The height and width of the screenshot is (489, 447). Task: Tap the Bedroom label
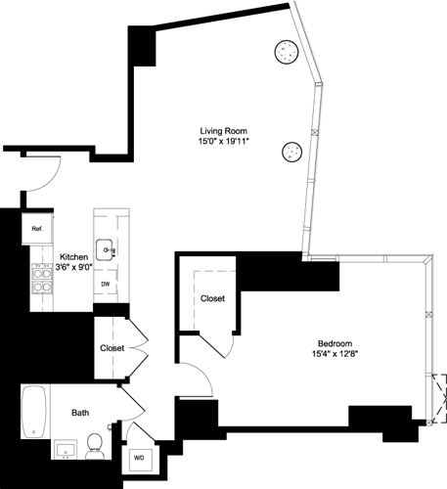coord(335,342)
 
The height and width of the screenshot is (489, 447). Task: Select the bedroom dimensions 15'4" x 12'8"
coord(335,354)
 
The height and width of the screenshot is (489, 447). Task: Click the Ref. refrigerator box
coord(37,229)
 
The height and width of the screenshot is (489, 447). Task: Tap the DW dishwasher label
coord(106,285)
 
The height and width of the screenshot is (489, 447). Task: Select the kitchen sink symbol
coord(106,249)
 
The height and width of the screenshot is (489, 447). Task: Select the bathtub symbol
coord(35,412)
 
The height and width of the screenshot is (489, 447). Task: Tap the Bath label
coord(79,414)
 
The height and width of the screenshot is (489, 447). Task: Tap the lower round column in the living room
coord(291,151)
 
